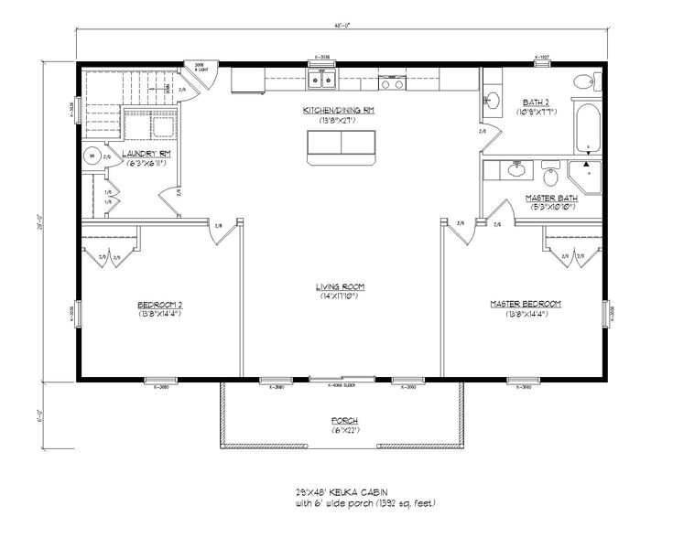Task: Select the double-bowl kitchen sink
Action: [x=320, y=81]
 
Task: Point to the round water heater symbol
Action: [x=92, y=156]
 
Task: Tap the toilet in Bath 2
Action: [x=583, y=83]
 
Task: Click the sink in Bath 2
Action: [x=492, y=100]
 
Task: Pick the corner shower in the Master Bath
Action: [x=583, y=174]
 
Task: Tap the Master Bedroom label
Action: [x=525, y=304]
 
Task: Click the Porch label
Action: [x=344, y=421]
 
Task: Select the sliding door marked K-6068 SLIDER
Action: [x=340, y=379]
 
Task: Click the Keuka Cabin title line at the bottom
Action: [x=342, y=494]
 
